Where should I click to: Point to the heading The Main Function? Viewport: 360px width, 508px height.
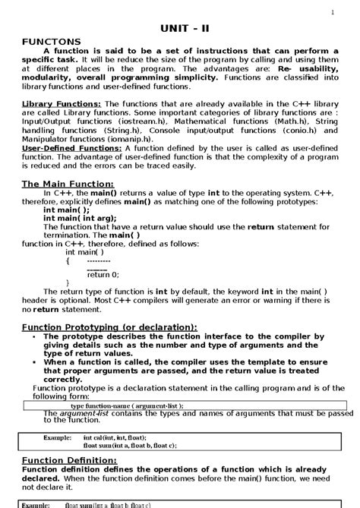point(68,184)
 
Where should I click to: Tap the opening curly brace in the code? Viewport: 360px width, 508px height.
point(68,260)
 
